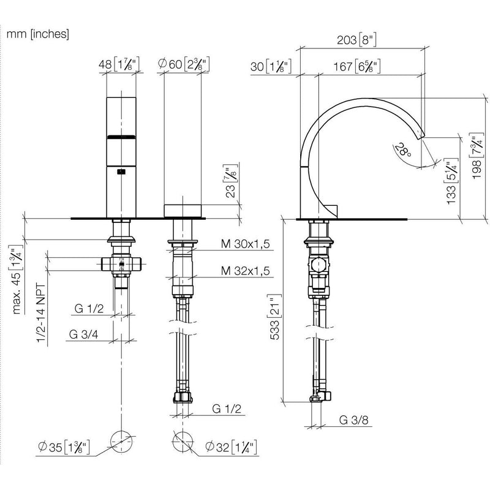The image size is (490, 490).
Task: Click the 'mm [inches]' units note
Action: (38, 34)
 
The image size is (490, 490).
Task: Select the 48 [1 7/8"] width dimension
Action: (119, 64)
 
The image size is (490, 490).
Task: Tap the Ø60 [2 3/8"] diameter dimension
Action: (183, 64)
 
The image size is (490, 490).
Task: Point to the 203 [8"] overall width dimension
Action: (356, 40)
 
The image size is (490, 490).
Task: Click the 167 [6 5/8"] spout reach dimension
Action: (357, 66)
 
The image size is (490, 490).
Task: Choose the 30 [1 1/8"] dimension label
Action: (271, 66)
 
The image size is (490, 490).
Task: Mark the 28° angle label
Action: (403, 149)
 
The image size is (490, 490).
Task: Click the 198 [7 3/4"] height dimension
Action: (477, 156)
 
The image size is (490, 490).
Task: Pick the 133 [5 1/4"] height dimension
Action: (451, 181)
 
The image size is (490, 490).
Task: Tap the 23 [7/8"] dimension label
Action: (231, 181)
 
